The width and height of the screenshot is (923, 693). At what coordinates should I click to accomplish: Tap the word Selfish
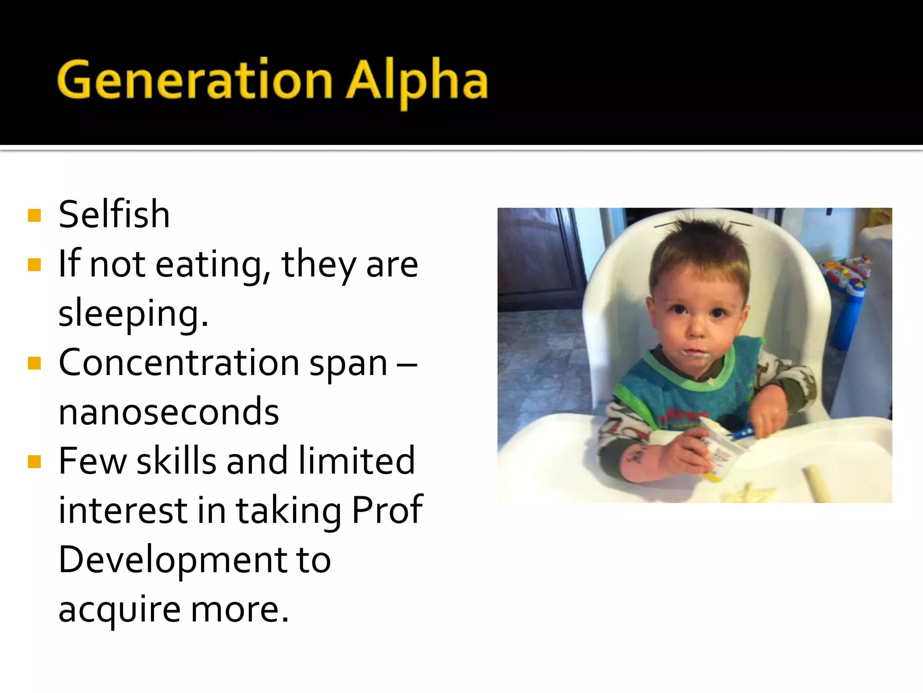114,214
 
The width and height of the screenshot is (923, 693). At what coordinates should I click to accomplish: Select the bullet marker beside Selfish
34,215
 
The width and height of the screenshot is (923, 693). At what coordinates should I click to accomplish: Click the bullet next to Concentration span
34,363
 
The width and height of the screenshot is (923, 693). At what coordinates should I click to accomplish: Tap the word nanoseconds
169,411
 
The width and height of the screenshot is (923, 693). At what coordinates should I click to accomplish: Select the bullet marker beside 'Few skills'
34,462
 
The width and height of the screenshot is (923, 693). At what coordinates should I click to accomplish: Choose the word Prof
387,510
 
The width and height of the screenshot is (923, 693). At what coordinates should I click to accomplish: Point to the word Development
172,559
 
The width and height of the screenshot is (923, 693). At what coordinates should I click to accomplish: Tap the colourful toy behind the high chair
847,280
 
